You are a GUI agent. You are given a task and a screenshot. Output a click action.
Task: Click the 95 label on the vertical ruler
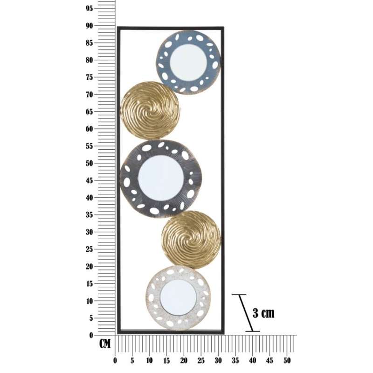pyautogui.click(x=89, y=8)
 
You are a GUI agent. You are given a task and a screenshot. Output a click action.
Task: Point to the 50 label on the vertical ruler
pyautogui.click(x=89, y=164)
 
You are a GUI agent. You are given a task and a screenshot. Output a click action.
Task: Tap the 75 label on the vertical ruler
pyautogui.click(x=89, y=77)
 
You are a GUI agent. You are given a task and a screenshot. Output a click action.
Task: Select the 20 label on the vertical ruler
pyautogui.click(x=89, y=267)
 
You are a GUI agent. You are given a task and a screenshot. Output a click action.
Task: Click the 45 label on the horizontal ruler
pyautogui.click(x=270, y=360)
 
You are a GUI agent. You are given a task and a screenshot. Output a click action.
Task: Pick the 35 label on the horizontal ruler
pyautogui.click(x=235, y=360)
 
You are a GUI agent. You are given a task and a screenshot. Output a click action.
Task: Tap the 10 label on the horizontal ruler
pyautogui.click(x=149, y=360)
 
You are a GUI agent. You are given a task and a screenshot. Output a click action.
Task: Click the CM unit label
pyautogui.click(x=105, y=344)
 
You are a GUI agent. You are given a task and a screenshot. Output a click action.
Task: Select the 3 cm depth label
pyautogui.click(x=263, y=313)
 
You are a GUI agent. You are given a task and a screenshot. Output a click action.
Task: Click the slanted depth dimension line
pyautogui.click(x=246, y=313)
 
